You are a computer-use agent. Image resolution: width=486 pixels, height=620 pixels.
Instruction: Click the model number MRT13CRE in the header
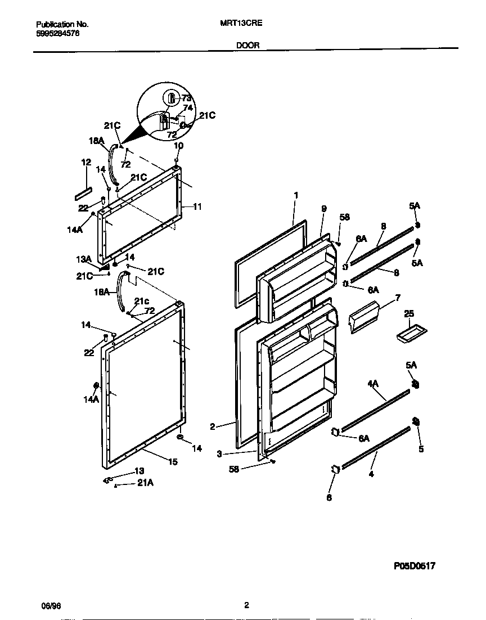[x=239, y=24]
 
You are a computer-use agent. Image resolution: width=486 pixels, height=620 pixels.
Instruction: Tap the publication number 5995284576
[x=57, y=33]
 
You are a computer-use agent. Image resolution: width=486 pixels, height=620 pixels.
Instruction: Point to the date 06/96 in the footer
[x=51, y=605]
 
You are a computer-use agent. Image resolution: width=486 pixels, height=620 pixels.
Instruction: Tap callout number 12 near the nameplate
[x=85, y=162]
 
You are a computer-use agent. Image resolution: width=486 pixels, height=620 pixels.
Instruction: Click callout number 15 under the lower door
[x=173, y=462]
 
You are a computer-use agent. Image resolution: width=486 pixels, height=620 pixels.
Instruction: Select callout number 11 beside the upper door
[x=197, y=206]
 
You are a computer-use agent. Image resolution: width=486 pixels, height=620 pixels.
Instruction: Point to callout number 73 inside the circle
[x=186, y=98]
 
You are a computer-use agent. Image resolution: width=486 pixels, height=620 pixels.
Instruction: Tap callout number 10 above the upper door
[x=178, y=146]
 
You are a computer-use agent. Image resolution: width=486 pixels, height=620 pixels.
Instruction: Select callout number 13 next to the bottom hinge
[x=139, y=470]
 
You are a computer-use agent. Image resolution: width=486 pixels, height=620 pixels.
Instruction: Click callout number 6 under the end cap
[x=330, y=497]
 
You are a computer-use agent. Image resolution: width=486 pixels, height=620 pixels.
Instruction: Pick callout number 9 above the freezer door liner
[x=324, y=208]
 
